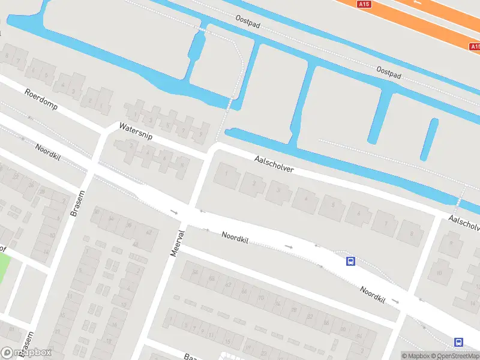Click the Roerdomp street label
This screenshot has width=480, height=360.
click(41, 101)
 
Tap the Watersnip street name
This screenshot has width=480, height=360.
click(136, 131)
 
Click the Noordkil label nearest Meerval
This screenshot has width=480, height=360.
click(235, 238)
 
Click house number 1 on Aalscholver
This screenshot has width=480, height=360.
click(226, 174)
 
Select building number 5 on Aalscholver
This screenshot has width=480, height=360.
click(333, 205)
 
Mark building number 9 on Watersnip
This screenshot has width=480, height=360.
click(200, 133)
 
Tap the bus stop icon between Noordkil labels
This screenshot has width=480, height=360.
click(350, 261)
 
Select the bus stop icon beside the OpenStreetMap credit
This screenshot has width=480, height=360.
click(459, 342)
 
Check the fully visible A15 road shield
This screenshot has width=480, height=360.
click(364, 4)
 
